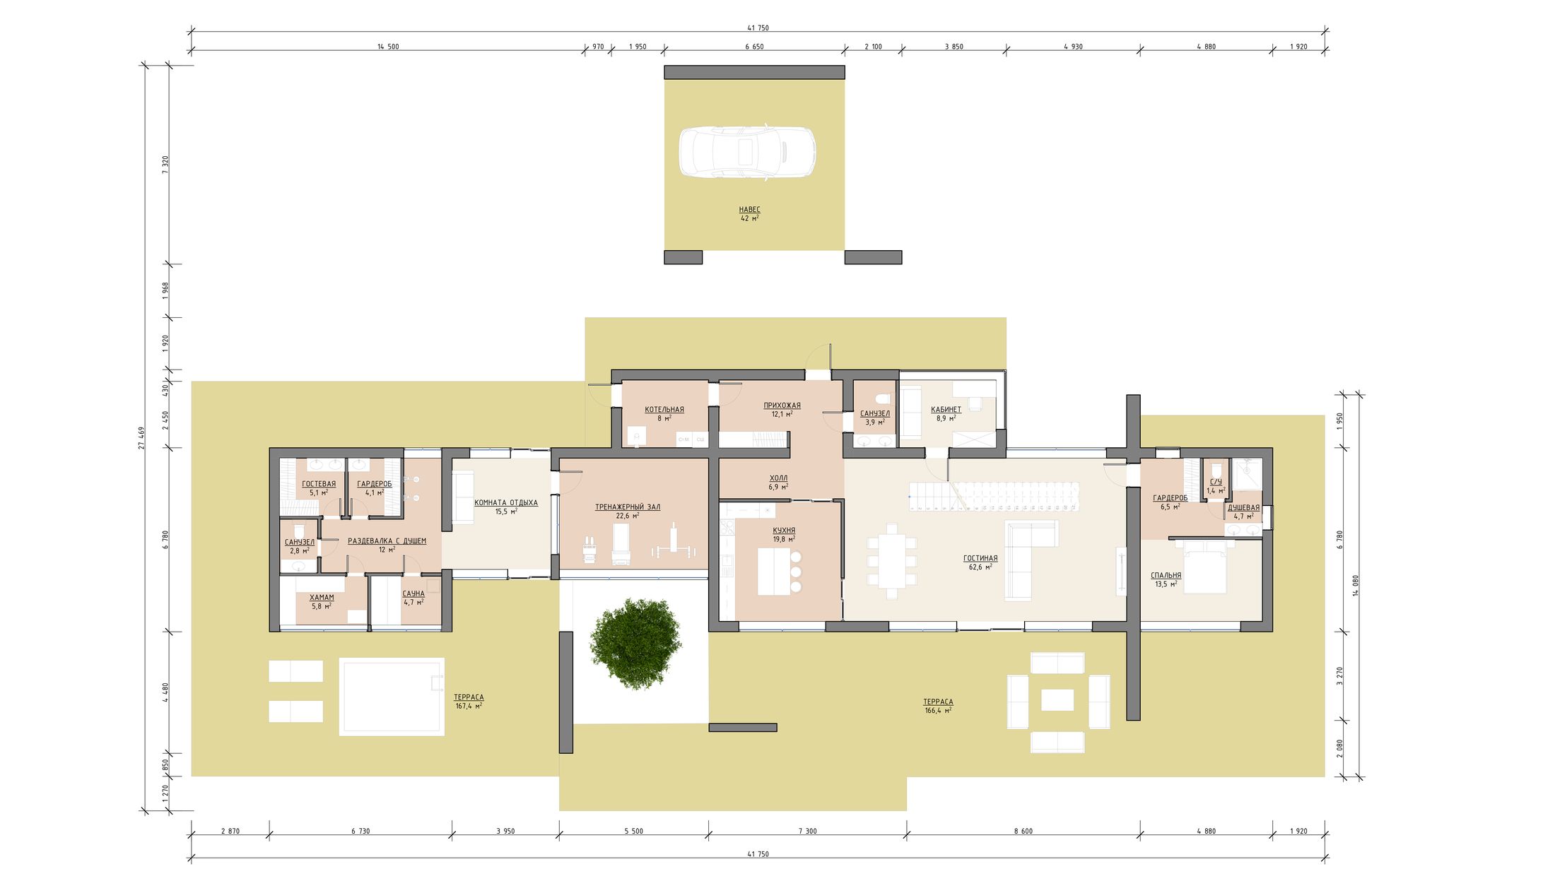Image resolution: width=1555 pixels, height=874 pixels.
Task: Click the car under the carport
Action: coord(747,152)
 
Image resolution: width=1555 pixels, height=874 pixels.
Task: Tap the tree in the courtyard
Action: coord(635,643)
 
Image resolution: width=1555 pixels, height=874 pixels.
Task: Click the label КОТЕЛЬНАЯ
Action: coord(664,410)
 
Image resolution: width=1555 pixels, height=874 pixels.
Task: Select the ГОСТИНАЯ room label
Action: coord(980,558)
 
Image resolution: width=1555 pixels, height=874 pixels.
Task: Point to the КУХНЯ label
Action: coord(784,530)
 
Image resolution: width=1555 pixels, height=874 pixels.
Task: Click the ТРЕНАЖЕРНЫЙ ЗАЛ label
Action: coord(628,507)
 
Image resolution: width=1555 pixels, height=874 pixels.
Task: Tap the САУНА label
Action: coord(413,594)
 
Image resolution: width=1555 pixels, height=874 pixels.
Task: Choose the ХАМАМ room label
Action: coord(322,597)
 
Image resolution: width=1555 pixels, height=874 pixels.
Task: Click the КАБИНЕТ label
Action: coord(946,409)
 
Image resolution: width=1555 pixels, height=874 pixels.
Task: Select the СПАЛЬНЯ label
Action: coord(1166,575)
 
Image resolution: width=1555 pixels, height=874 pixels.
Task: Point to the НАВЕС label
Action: coord(749,210)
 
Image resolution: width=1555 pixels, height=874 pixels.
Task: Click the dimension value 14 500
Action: coord(388,47)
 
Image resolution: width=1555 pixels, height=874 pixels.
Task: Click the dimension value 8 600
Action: coord(1023,831)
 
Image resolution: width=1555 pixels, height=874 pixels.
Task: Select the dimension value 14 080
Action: coord(1356,586)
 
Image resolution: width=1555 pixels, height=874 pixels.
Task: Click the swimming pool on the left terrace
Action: coord(392,697)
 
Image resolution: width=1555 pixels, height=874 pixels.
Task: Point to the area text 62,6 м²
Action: coord(980,567)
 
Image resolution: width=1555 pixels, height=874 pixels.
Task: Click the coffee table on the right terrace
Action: coord(1057,700)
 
